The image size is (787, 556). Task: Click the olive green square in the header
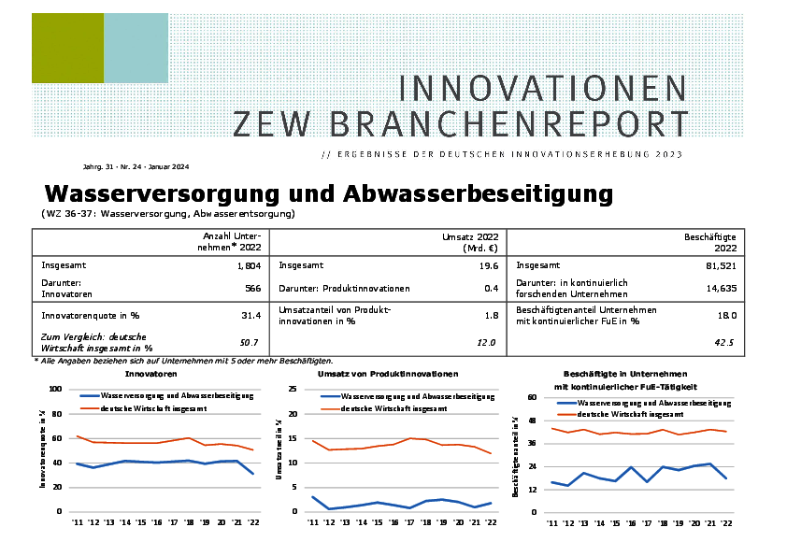click(67, 49)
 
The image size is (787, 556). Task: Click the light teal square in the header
click(136, 49)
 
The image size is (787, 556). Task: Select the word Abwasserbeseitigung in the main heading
click(479, 193)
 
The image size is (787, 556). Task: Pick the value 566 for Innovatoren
click(251, 289)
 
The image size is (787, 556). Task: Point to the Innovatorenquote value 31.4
click(250, 316)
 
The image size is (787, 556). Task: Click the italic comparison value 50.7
click(250, 343)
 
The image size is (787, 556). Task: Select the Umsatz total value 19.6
click(488, 265)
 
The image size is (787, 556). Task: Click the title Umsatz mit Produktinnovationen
click(388, 374)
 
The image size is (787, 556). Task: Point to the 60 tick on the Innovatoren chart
click(56, 438)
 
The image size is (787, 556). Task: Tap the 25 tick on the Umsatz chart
click(293, 389)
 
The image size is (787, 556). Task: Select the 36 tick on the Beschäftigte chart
click(530, 443)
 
